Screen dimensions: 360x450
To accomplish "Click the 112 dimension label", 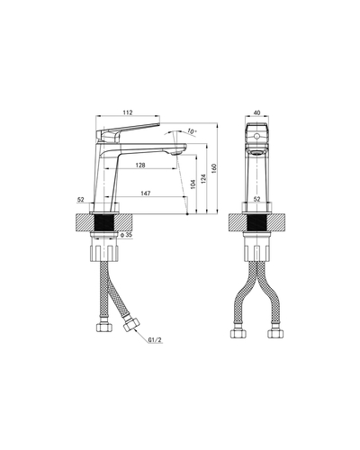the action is [x=128, y=112].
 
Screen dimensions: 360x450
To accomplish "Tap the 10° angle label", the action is [x=192, y=131].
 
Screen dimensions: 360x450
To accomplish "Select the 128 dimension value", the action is [x=140, y=165].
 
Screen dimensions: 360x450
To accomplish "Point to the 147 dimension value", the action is [x=146, y=193].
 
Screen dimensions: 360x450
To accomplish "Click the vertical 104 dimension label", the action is [x=193, y=184].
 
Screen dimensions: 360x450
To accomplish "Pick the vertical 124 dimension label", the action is [x=203, y=179].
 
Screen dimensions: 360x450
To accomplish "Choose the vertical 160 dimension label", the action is [x=214, y=168].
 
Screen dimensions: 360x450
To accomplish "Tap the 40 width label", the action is [x=257, y=112].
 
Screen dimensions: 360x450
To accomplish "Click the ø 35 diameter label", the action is [x=126, y=235].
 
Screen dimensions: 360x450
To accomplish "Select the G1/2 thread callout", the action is [x=155, y=340].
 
